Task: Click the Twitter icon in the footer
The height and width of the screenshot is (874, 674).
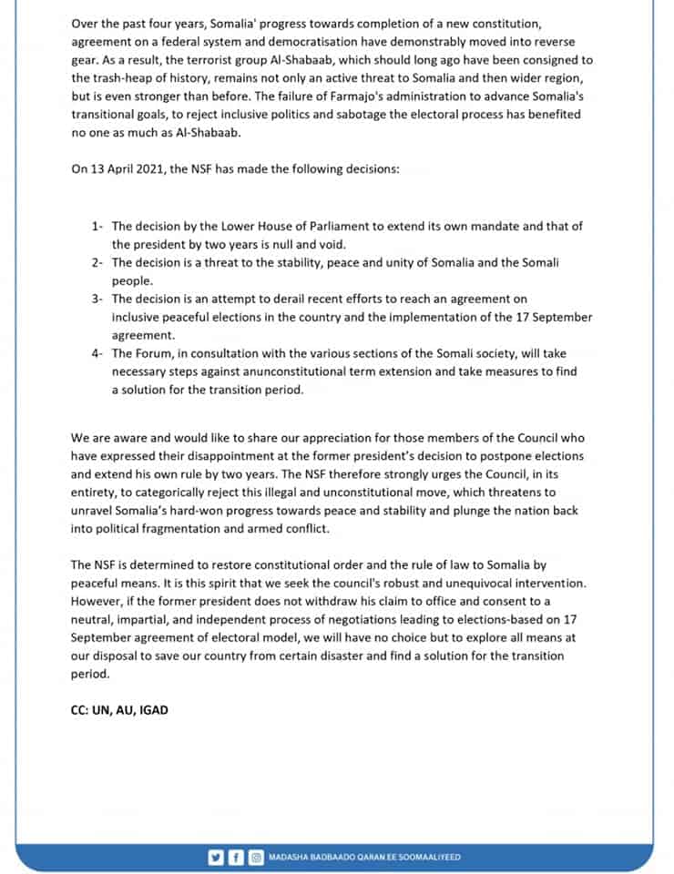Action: click(216, 857)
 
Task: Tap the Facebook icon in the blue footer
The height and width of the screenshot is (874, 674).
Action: click(236, 857)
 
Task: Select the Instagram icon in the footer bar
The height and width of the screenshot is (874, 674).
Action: click(256, 857)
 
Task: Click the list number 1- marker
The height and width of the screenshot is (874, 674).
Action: click(97, 227)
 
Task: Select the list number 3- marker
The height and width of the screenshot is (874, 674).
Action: click(97, 299)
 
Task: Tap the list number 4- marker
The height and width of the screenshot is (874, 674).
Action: click(97, 353)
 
